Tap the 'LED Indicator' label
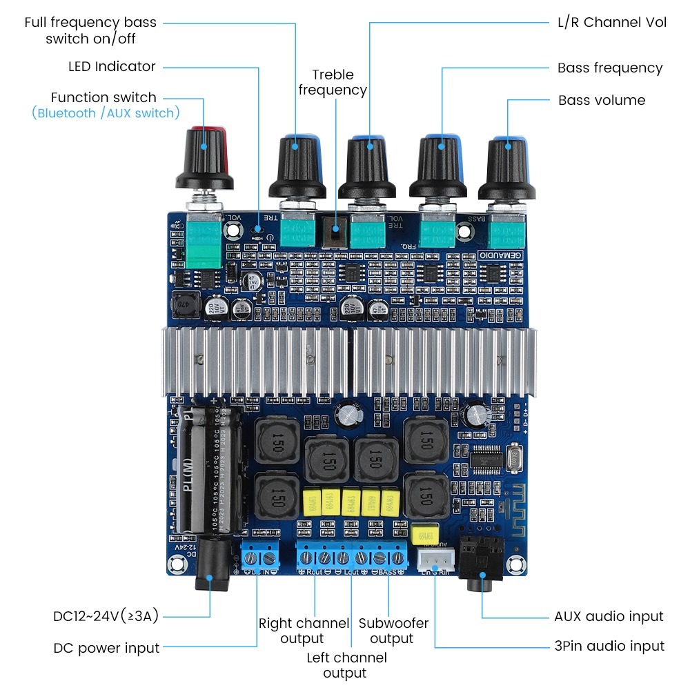112,66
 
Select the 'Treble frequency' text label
333,82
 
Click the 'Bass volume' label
602,100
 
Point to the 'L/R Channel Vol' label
612,22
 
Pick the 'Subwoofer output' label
393,631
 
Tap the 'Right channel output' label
304,631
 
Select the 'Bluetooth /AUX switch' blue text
106,113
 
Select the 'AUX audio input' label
609,616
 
